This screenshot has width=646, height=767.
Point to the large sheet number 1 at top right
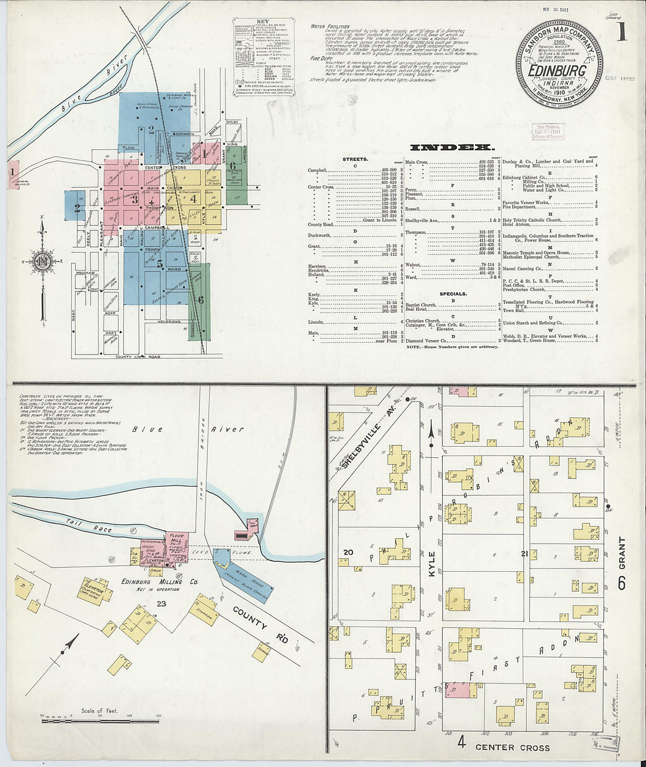pos(622,32)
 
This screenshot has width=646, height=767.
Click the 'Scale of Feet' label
pos(100,711)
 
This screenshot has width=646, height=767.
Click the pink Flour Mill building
pos(175,544)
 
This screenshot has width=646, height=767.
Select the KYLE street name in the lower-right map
pos(432,563)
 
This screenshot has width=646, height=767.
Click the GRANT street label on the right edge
pos(621,554)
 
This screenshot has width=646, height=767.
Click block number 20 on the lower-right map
pos(348,552)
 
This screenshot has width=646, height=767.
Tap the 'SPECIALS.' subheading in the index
pos(453,293)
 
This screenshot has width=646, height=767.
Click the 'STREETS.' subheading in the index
pos(355,159)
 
